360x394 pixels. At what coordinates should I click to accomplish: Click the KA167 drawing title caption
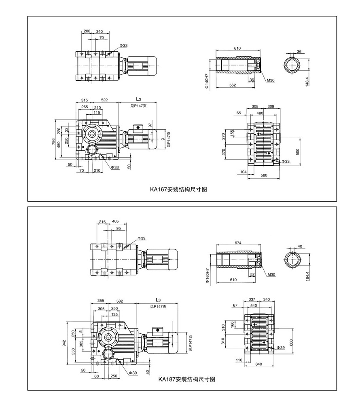click(x=178, y=189)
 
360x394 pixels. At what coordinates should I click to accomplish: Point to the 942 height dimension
click(x=64, y=343)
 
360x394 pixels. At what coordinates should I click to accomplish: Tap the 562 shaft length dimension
click(x=232, y=85)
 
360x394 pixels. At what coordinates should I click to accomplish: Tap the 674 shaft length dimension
click(x=237, y=243)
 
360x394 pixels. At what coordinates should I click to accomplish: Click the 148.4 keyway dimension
click(x=307, y=81)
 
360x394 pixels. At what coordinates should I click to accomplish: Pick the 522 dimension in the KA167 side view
click(x=104, y=100)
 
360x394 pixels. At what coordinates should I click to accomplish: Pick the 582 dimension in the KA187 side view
click(x=119, y=301)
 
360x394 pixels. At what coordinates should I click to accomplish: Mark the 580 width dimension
click(x=263, y=175)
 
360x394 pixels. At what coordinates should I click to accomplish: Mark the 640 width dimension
click(x=259, y=364)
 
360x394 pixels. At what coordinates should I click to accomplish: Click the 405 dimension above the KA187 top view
click(x=115, y=221)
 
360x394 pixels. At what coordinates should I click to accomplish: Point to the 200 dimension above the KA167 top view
click(x=87, y=31)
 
